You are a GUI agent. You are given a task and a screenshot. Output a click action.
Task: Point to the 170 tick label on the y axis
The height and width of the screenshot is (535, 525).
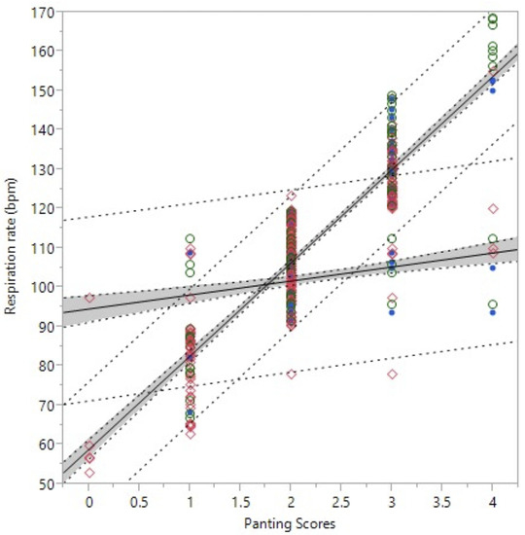pos(43,11)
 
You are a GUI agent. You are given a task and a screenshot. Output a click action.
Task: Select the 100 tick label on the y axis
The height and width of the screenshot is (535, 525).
pos(43,287)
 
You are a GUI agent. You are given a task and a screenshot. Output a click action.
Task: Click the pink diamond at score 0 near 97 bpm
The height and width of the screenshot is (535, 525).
pos(89,298)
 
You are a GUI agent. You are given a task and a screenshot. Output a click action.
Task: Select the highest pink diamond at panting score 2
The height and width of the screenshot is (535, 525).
pos(291,196)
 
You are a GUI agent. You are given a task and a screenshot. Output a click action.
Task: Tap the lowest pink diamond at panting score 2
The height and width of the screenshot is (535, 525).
pos(291,374)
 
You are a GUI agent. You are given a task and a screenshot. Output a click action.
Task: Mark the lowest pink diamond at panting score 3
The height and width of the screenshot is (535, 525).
pos(392,374)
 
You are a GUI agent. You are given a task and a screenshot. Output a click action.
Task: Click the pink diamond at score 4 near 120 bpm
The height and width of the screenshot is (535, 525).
pos(493,208)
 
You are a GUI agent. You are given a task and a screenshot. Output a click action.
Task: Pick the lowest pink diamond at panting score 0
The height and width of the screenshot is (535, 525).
pos(89,473)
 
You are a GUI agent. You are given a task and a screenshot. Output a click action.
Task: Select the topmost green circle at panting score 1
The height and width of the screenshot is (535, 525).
pos(191,238)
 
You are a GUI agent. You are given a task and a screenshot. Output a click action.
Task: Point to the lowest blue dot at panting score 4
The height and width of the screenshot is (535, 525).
pos(493,312)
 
